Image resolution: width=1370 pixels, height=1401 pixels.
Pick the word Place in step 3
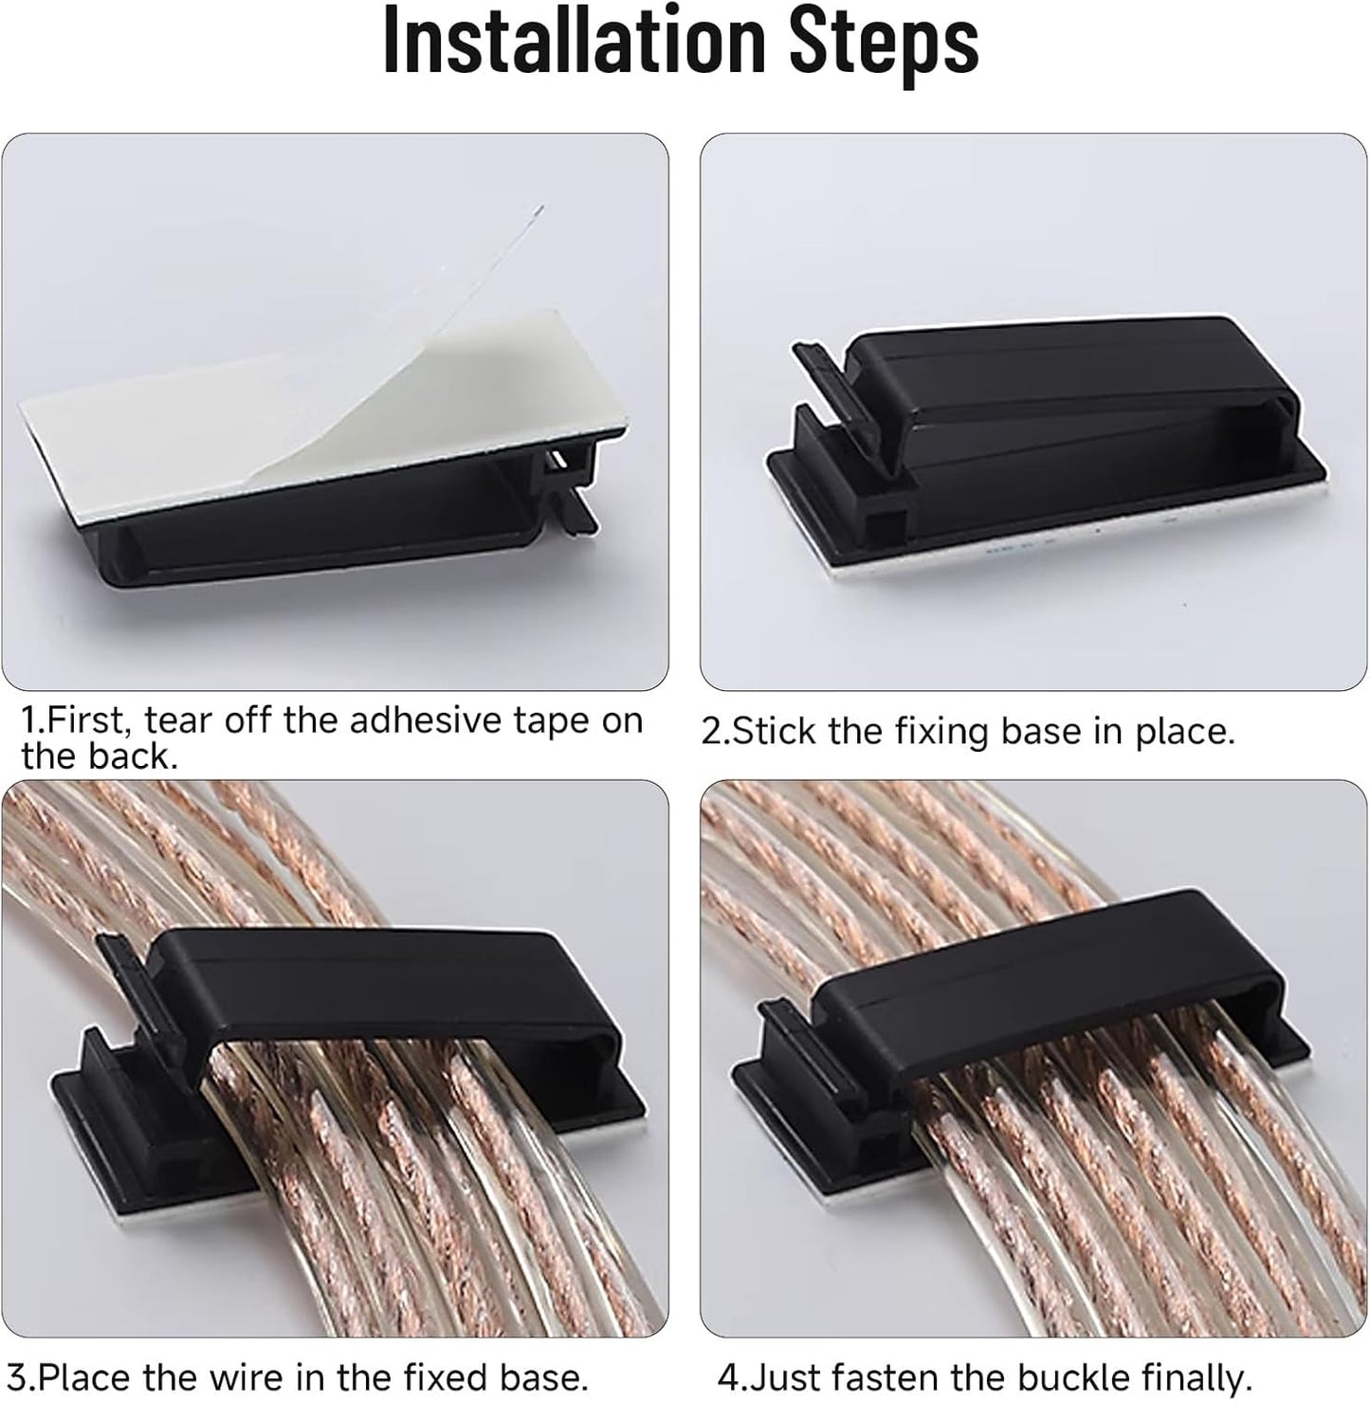88,1376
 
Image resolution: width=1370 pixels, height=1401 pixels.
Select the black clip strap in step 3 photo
379,986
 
